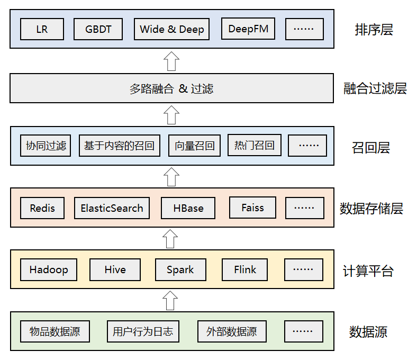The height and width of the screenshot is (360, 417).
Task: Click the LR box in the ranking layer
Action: point(42,29)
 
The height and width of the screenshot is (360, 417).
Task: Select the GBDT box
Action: point(98,29)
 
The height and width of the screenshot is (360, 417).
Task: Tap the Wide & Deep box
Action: point(171,29)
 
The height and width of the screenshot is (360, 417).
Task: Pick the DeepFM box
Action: point(248,29)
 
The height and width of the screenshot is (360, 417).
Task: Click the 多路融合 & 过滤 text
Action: point(171,88)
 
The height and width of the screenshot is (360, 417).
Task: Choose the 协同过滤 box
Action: point(46,146)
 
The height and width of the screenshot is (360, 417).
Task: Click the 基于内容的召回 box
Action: point(120,146)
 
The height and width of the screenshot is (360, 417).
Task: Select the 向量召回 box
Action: point(194,146)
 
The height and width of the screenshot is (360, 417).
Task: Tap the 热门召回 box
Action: point(254,145)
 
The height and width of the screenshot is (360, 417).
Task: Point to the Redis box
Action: point(42,208)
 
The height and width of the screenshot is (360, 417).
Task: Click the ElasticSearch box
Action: point(112,208)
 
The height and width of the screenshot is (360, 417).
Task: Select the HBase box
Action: point(188,208)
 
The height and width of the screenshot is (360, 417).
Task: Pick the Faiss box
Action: point(252,208)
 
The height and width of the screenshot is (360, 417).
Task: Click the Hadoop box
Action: point(49,269)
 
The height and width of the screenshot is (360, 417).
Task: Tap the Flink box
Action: point(245,269)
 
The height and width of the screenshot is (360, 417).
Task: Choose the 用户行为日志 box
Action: point(142,331)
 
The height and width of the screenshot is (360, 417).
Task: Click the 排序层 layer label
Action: point(374,30)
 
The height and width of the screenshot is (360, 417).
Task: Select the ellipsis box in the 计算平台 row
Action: point(303,269)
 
